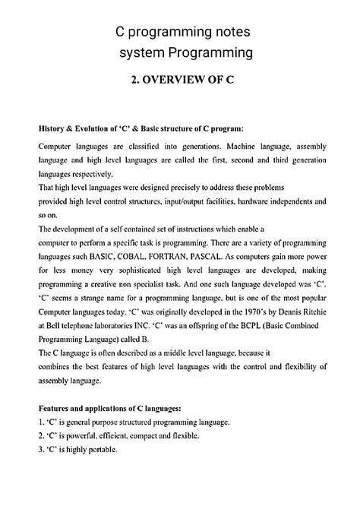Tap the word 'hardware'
pyautogui.click(x=257, y=201)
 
